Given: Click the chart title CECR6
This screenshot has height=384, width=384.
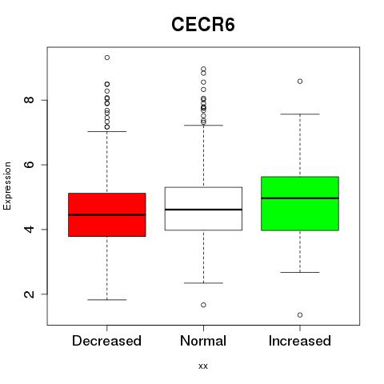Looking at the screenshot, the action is coord(203,25).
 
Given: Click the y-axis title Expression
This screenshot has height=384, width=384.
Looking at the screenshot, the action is coord(7,186).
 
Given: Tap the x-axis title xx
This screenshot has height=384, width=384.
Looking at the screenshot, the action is coord(203,366).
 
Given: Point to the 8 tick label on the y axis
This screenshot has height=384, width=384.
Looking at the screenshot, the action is coord(30,100).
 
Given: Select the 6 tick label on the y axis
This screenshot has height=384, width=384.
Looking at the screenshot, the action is coord(30,165).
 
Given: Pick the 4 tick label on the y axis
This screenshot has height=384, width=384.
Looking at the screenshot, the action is coord(30,229).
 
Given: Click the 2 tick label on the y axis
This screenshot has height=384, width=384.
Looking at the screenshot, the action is coord(30,294).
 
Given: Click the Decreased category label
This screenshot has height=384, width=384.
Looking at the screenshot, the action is coord(106,341).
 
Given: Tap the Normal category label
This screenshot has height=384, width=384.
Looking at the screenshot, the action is coord(203,341).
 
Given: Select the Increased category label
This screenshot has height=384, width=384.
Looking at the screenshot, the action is coord(300,341).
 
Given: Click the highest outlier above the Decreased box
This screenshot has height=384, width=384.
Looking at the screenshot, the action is coord(107,58).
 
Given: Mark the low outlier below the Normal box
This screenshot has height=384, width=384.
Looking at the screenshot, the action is coord(203,305).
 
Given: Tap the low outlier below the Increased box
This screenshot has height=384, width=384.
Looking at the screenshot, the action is coord(300,315).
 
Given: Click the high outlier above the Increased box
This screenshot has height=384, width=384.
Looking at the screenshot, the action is coord(300,82).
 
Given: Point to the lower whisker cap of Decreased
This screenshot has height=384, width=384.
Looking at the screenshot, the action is coord(107,300).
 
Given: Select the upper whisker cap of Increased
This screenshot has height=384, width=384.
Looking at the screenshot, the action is coord(300,114).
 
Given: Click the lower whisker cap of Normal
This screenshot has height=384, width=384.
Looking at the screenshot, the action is coord(203,283).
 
